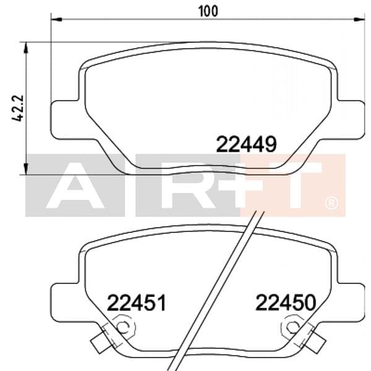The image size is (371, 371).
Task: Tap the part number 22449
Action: coord(245,144)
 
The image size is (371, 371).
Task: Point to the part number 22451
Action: coord(137,303)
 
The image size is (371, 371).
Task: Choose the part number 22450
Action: coord(286,303)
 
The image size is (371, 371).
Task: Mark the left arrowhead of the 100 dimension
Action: coord(56,20)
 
